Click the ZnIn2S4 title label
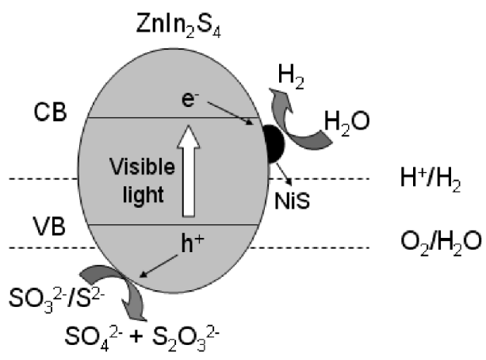pos(178,25)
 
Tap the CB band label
pos(50,112)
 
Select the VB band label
pos(49,226)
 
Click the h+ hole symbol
pos(193,243)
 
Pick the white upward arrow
pos(189,170)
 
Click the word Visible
pos(142,167)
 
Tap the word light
pos(144,194)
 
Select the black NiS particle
pos(274,144)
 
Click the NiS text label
pos(292,201)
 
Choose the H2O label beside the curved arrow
pos(346,123)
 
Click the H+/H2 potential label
pos(431,179)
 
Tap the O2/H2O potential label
pos(441,243)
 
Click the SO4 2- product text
pos(94,338)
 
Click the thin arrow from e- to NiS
pos(230,113)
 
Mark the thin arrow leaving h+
pos(159,266)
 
